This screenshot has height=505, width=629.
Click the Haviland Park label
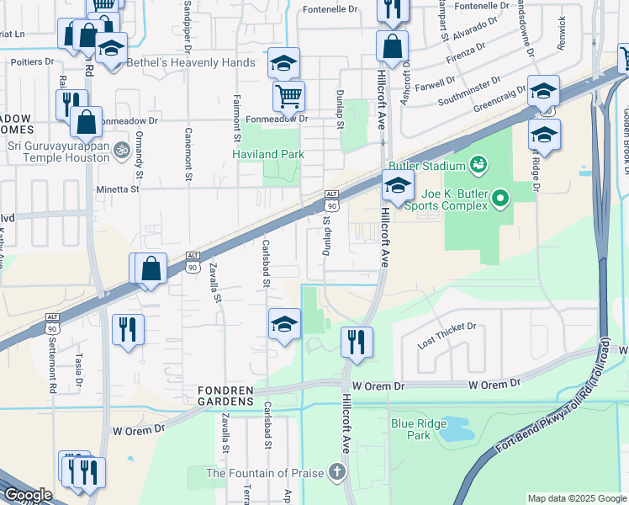(268, 155)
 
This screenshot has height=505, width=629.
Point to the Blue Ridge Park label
(411, 429)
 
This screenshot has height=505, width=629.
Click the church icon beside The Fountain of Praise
(338, 471)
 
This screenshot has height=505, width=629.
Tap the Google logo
(27, 495)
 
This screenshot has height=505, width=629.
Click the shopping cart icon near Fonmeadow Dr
(288, 97)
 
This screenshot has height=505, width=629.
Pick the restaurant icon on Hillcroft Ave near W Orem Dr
(357, 341)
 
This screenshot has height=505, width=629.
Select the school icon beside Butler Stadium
(398, 186)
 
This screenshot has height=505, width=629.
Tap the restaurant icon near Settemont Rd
(128, 328)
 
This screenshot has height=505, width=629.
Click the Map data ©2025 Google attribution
(576, 498)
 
